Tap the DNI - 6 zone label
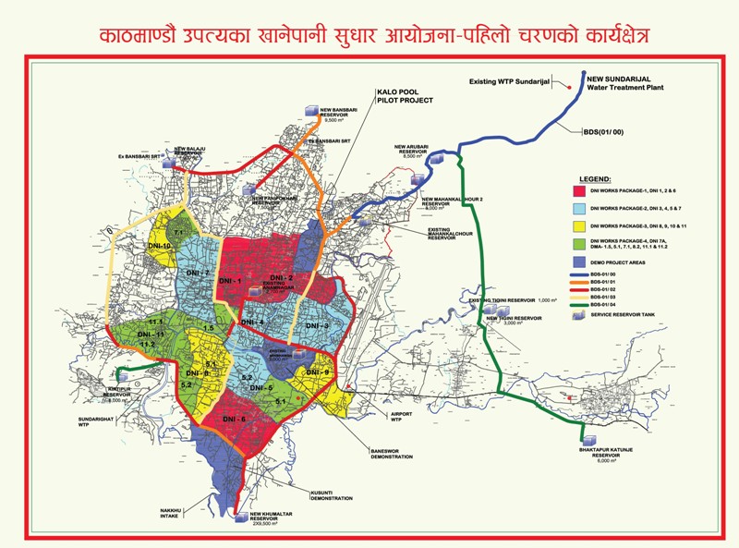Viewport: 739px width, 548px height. (x=234, y=420)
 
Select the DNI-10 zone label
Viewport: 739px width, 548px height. (x=160, y=247)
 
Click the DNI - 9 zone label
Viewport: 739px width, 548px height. (x=318, y=371)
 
